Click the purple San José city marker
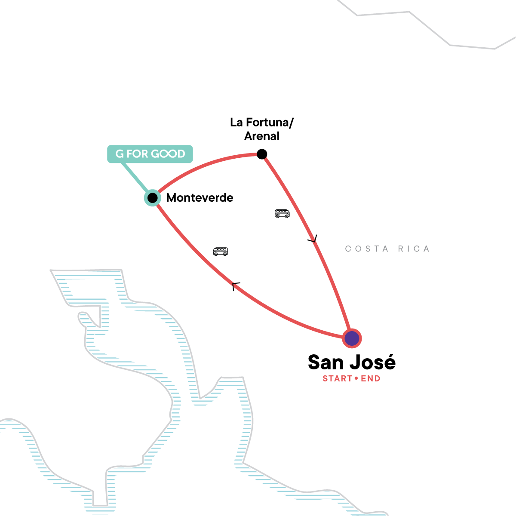352,338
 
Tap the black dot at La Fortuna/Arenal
261,154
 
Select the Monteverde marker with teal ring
152,198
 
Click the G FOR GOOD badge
150,154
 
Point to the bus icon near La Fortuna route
282,213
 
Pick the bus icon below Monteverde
220,251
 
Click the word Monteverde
200,198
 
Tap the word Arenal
262,136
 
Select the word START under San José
338,379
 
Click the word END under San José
371,379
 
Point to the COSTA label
367,249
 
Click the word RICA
413,249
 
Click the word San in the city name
326,362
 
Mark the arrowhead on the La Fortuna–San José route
313,239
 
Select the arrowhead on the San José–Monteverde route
236,286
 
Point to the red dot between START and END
356,379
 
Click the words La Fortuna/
262,123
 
